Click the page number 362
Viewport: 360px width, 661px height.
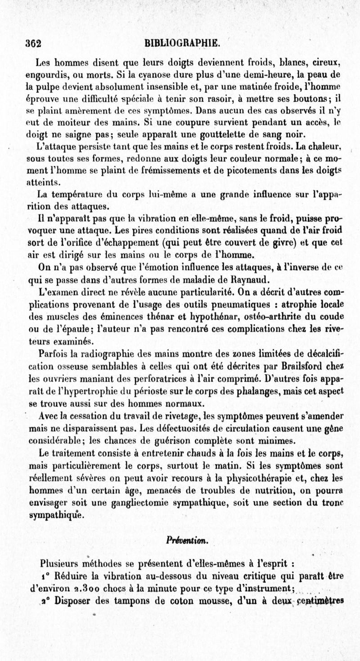pyautogui.click(x=33, y=44)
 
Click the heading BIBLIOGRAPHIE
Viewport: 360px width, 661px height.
pyautogui.click(x=182, y=44)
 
